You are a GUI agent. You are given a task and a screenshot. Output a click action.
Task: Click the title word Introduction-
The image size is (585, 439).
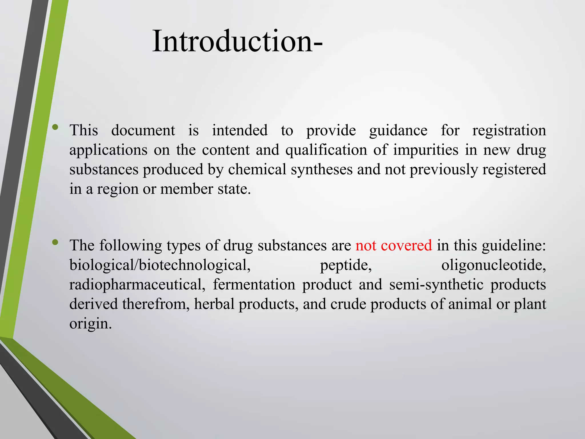tap(237, 41)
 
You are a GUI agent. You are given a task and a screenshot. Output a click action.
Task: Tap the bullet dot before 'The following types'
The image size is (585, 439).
tap(55, 243)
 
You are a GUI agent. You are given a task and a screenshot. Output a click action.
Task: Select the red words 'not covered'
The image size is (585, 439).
tap(394, 246)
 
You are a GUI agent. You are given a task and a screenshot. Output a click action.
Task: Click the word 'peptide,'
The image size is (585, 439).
tap(346, 265)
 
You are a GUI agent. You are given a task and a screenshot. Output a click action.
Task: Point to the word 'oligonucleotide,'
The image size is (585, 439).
tap(494, 265)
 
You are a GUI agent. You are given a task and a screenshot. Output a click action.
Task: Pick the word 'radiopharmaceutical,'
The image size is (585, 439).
tap(137, 285)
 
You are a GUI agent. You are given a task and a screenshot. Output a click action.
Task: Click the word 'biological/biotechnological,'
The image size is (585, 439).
tap(160, 265)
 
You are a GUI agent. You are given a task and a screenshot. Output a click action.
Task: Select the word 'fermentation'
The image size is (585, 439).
tap(254, 285)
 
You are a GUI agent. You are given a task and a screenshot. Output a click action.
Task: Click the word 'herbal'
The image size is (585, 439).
tap(214, 304)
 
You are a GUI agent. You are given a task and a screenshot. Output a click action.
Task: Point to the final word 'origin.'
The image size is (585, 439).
tap(91, 324)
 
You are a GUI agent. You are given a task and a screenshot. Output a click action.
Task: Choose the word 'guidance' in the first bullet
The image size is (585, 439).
tap(398, 131)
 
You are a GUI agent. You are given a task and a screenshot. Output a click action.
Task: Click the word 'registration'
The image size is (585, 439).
tap(509, 131)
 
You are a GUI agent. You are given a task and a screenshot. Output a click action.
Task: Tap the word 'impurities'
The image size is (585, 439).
tap(426, 150)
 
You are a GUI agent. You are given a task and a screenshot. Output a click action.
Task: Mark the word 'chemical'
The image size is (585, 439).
tap(257, 169)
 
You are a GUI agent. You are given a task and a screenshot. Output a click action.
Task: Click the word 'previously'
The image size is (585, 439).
tap(444, 169)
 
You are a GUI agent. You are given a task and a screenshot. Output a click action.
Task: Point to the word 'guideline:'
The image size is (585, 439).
tap(514, 246)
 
